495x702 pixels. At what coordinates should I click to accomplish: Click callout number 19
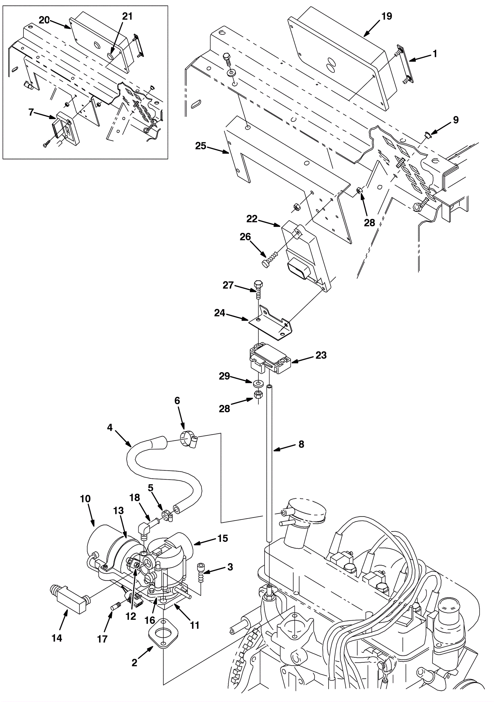386,16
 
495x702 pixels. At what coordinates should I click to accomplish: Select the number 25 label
201,146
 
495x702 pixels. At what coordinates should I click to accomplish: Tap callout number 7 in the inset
31,112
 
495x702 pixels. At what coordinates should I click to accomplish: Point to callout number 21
127,16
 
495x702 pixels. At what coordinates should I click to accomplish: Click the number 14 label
57,638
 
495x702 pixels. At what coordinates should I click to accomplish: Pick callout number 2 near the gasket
134,662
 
